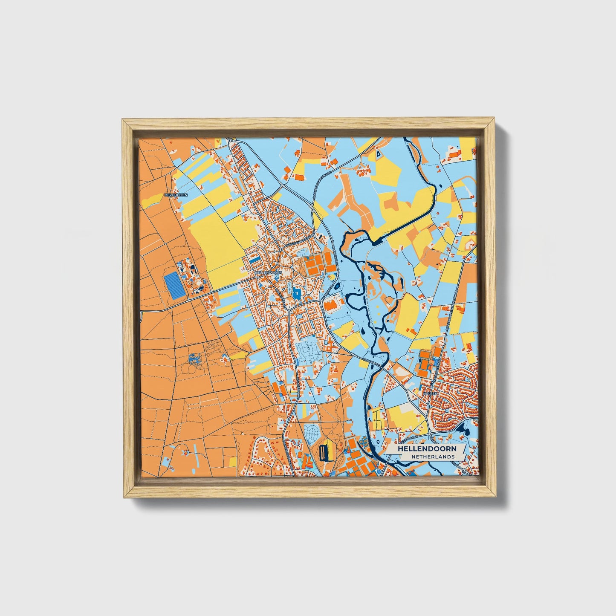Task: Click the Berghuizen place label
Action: (x=176, y=195)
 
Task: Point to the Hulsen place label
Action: (x=430, y=393)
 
